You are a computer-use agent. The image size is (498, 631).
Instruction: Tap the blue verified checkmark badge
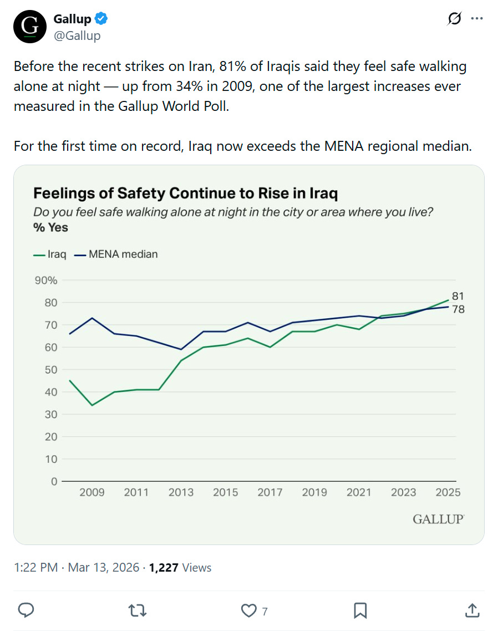pyautogui.click(x=101, y=19)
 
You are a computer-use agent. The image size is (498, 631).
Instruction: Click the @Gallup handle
pyautogui.click(x=77, y=36)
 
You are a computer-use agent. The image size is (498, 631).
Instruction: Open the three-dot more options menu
pyautogui.click(x=476, y=18)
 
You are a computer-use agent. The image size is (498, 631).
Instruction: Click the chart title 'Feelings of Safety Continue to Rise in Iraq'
pyautogui.click(x=186, y=194)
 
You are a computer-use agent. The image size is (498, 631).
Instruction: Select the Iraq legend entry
pyautogui.click(x=50, y=255)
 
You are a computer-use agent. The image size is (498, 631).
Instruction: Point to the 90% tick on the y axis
pyautogui.click(x=47, y=280)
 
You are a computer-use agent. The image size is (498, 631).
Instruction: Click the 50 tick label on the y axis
pyautogui.click(x=50, y=370)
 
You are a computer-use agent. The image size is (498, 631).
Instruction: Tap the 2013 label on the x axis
pyautogui.click(x=181, y=492)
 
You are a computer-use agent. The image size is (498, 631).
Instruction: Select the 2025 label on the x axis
pyautogui.click(x=448, y=492)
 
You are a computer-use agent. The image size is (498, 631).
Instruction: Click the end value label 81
pyautogui.click(x=458, y=296)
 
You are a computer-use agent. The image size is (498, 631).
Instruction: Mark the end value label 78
pyautogui.click(x=458, y=309)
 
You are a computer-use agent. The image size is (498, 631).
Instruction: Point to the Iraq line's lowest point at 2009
pyautogui.click(x=92, y=405)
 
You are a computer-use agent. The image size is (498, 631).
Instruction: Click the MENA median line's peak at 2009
pyautogui.click(x=92, y=318)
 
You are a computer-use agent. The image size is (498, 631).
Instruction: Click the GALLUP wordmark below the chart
pyautogui.click(x=438, y=520)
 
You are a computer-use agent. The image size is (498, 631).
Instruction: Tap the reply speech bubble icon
pyautogui.click(x=27, y=610)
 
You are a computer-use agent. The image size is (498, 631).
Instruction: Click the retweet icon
pyautogui.click(x=138, y=610)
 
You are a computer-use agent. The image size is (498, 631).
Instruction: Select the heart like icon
pyautogui.click(x=248, y=610)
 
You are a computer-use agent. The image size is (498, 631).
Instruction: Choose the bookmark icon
pyautogui.click(x=360, y=610)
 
